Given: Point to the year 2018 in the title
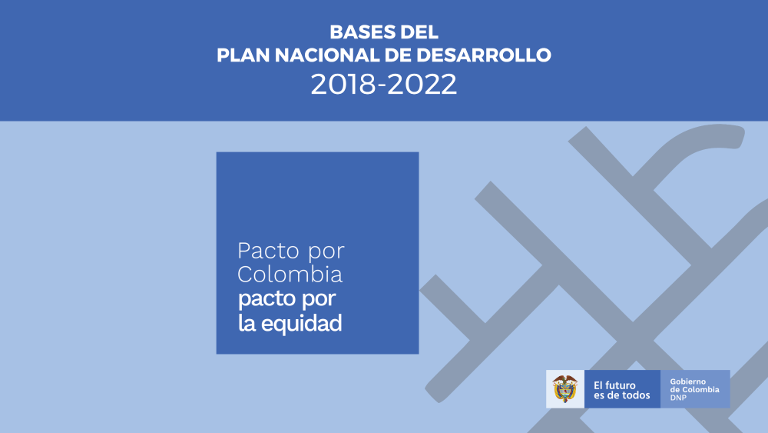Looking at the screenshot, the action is [x=343, y=84].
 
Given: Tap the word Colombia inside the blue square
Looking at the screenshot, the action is [x=290, y=274].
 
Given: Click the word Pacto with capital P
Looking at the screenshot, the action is [x=268, y=251].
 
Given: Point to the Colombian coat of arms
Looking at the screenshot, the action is [x=565, y=388].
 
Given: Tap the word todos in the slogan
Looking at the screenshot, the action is [x=636, y=395].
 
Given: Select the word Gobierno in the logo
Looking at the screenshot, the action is [x=688, y=381].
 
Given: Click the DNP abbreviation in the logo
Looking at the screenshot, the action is [x=678, y=398].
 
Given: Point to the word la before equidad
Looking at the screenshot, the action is [x=247, y=323].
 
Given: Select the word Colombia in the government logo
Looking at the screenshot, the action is [x=700, y=390].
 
